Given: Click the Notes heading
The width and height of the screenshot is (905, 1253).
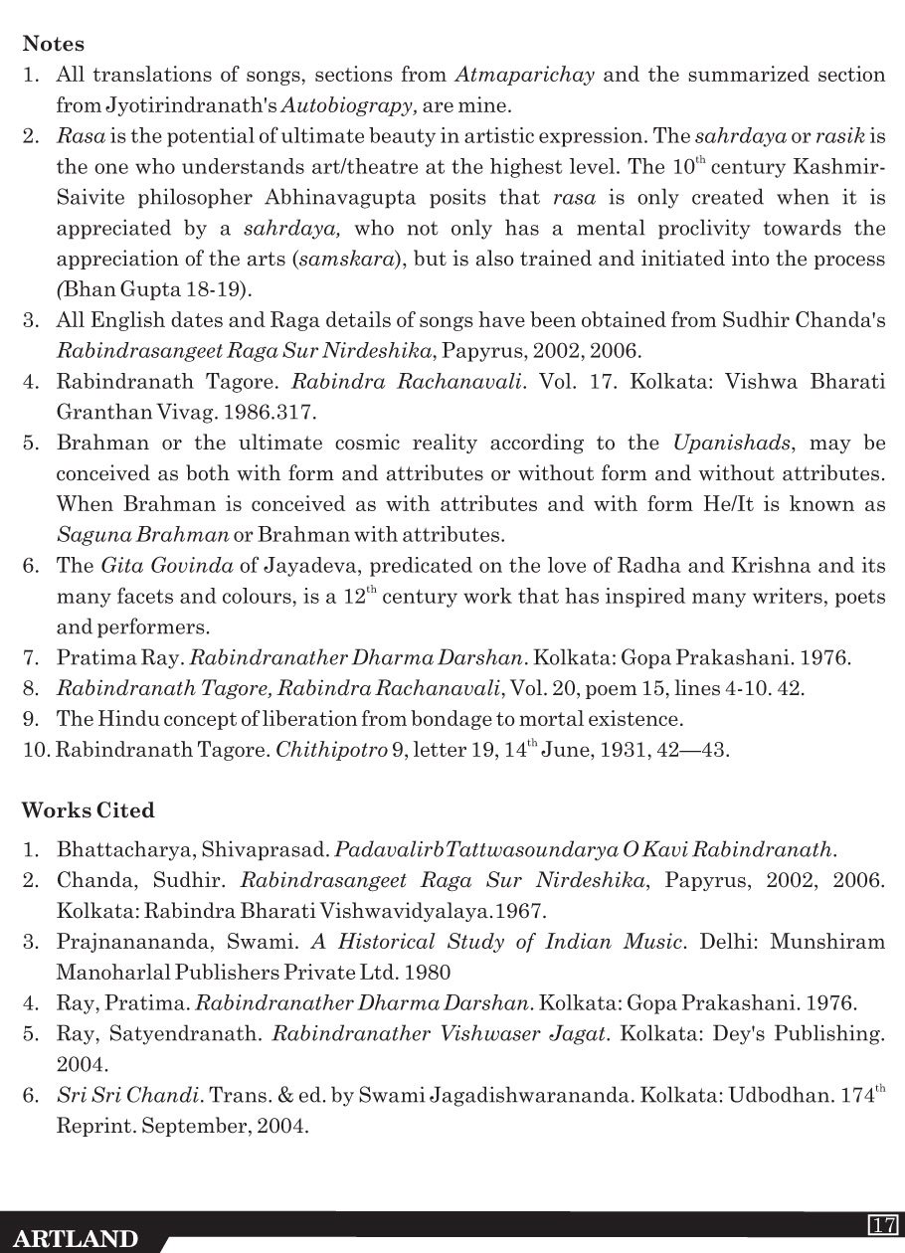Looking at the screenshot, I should click(x=53, y=44).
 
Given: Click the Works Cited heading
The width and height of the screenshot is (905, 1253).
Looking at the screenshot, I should click(x=89, y=810).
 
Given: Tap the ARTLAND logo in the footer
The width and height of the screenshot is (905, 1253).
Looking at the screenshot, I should click(x=77, y=1238).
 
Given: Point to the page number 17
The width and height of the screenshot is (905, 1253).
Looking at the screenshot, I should click(x=883, y=1224).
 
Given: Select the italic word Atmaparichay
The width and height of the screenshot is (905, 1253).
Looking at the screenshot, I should click(x=525, y=75).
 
